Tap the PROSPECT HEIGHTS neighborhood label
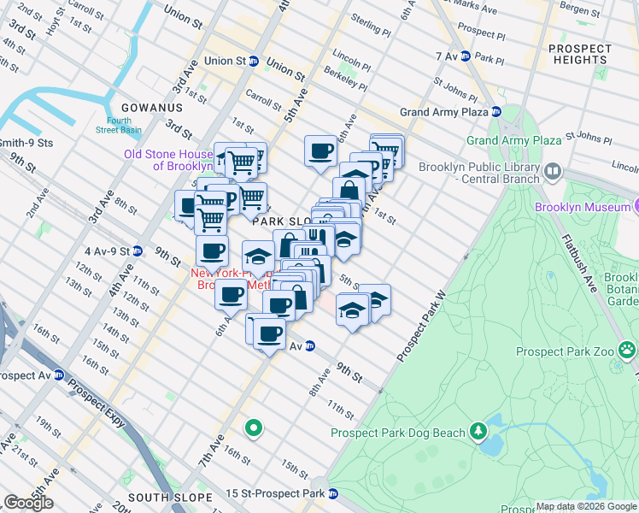[x=578, y=54]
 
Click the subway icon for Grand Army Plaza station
[x=495, y=112]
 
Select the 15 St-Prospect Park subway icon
[x=333, y=493]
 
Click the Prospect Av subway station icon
[x=59, y=374]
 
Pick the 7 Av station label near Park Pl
[x=446, y=56]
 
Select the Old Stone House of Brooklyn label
[x=168, y=160]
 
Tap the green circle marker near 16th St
[x=253, y=427]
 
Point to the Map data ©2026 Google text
[x=586, y=506]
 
